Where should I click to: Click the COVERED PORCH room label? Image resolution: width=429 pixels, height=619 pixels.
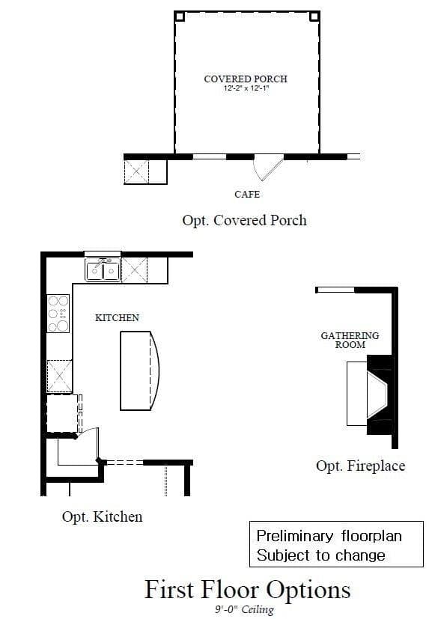pos(246,79)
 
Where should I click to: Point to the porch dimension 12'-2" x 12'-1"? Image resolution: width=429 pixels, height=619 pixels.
pos(246,88)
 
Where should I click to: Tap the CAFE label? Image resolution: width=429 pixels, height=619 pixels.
pos(247,194)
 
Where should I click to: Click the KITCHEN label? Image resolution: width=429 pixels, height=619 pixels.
pos(117,318)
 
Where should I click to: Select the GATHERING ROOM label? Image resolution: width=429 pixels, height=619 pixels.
pos(350,340)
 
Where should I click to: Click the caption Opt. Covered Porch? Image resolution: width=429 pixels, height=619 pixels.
pos(244,220)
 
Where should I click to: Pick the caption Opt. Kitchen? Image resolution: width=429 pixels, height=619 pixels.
pos(102,516)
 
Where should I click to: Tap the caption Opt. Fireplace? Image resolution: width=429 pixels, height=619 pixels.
pos(360,466)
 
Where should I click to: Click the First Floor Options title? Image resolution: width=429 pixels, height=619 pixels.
pos(247,590)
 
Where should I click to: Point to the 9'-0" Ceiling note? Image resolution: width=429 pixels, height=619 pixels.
pos(244,609)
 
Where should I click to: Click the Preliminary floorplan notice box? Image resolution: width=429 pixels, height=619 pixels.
pos(337,544)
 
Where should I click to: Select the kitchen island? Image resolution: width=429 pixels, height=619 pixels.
pos(139,371)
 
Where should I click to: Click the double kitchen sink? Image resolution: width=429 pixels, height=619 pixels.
pos(103,269)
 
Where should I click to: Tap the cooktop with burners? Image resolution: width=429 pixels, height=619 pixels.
pos(58,314)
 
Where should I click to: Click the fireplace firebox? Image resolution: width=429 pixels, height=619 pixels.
pos(377,394)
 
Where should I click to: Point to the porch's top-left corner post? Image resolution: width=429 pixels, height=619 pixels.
pos(180,16)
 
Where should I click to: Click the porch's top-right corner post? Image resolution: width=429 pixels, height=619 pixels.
pos(314,16)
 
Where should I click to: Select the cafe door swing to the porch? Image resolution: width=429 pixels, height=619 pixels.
pos(268,167)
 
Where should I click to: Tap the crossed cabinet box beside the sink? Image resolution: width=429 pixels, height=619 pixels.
pos(134,270)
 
